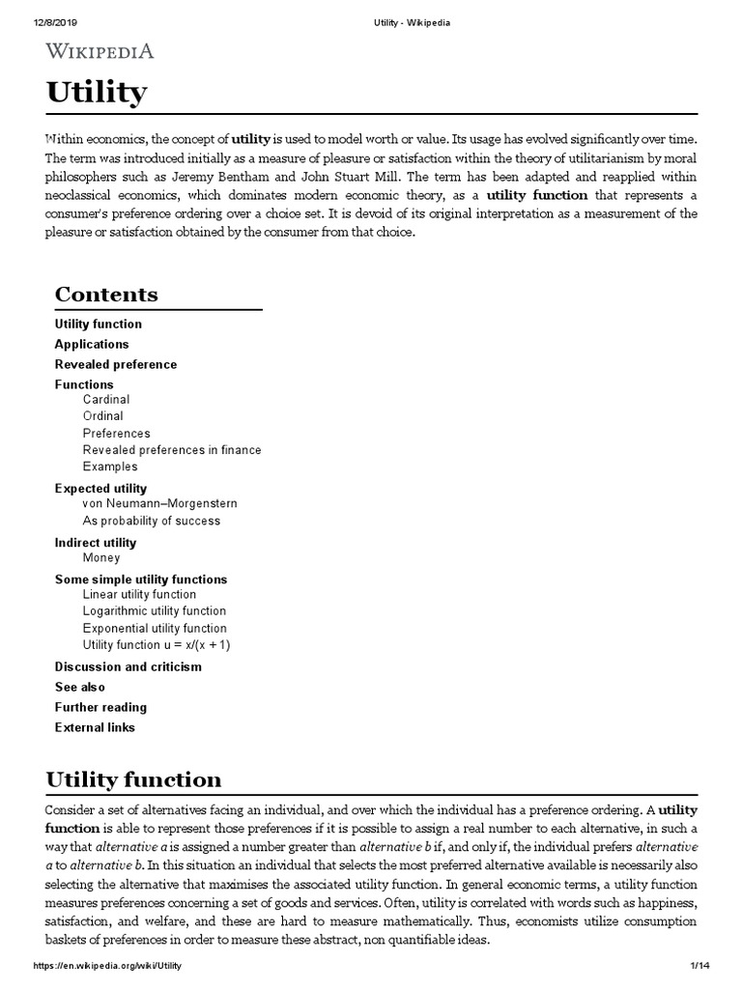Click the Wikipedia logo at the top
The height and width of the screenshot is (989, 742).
(100, 51)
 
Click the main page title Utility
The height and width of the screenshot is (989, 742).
(97, 93)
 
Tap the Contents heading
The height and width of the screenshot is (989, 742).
(106, 294)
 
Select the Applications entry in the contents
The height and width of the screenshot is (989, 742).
(92, 344)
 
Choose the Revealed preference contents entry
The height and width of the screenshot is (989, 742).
(116, 364)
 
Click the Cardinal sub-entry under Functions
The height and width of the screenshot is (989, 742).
(106, 399)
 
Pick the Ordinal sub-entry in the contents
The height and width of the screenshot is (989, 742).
(104, 416)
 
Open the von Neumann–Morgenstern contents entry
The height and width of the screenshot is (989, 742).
(160, 503)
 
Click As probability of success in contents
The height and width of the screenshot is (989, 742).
(152, 521)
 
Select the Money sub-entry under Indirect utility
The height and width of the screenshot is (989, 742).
(101, 557)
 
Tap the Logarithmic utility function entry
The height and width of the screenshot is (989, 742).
(155, 610)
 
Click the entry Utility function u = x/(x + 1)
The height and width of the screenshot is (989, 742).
(157, 644)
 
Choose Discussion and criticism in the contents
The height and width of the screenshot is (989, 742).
(128, 666)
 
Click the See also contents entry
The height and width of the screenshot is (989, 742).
(80, 687)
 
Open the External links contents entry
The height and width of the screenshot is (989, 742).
(95, 727)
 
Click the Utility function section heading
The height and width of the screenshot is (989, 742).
(134, 778)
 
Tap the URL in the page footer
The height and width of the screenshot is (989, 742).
(107, 966)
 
